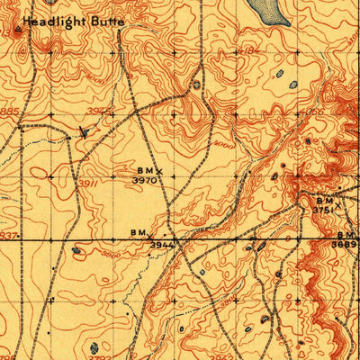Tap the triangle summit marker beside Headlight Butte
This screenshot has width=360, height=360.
[21, 31]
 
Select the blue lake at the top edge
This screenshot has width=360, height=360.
[265, 10]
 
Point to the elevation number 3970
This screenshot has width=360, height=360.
[146, 180]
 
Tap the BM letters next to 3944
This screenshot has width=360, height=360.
[138, 233]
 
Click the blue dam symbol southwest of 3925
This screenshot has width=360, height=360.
[84, 130]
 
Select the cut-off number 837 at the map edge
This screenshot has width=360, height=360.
[8, 236]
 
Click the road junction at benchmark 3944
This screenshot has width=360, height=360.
[179, 241]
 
